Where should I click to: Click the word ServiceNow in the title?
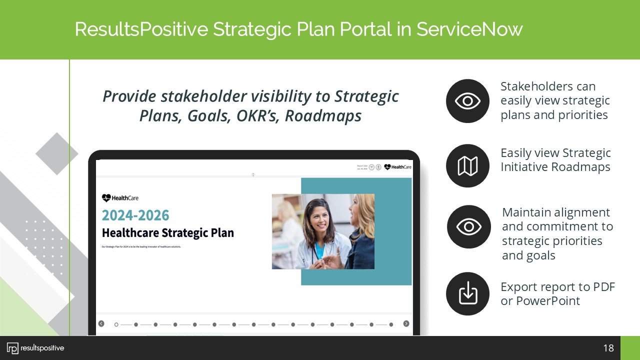tap(469, 29)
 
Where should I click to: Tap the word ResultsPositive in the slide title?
tap(141, 29)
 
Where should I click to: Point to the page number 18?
tap(608, 348)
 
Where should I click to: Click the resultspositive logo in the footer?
tap(35, 348)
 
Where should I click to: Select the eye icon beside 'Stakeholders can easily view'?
tap(467, 101)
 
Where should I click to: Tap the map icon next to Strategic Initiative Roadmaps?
tap(467, 166)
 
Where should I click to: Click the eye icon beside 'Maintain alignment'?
tap(468, 227)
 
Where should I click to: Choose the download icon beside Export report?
tap(467, 293)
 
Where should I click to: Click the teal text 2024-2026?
tap(135, 215)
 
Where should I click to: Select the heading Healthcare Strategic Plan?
tap(167, 233)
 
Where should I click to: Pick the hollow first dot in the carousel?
tap(116, 324)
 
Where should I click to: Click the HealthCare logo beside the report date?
tap(398, 167)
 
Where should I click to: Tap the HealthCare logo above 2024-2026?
tap(120, 198)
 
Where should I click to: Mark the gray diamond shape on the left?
tap(57, 153)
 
